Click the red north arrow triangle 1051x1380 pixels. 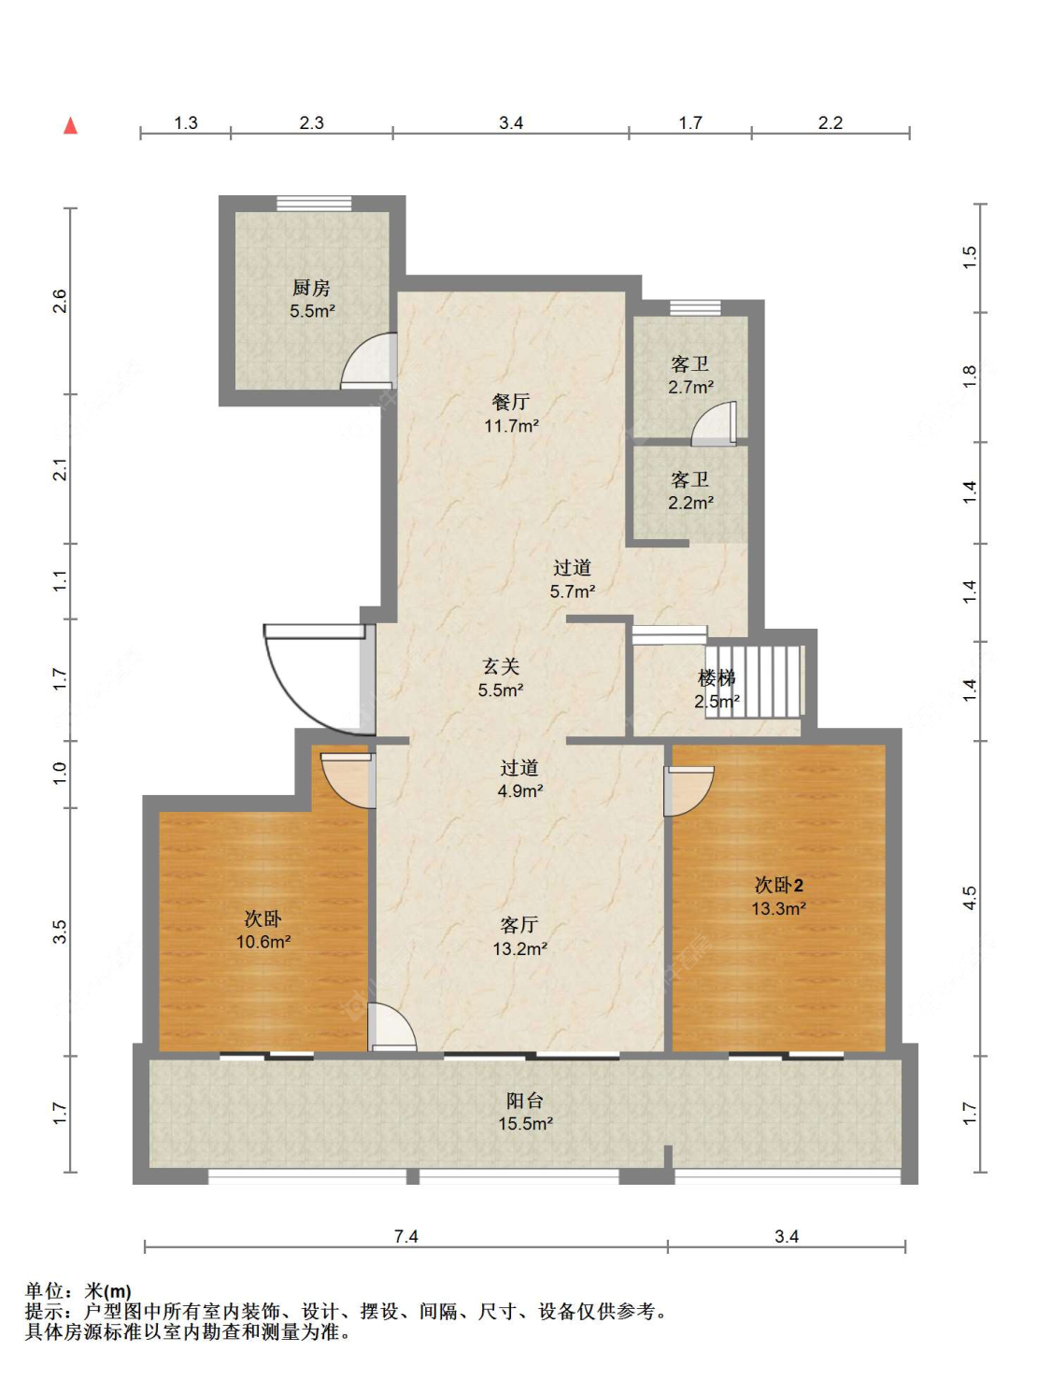[x=70, y=126]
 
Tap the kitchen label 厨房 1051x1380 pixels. [x=311, y=288]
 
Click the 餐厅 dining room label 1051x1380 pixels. [x=511, y=402]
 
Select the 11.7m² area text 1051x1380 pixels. [x=511, y=426]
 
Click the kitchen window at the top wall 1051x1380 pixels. [x=314, y=203]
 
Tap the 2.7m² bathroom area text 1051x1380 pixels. [x=690, y=387]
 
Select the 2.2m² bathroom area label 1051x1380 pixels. [x=690, y=503]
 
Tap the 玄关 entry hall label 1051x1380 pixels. [x=501, y=666]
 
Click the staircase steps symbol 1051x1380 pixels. [x=754, y=681]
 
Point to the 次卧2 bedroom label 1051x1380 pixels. [x=779, y=885]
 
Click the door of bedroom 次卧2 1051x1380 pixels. [x=689, y=790]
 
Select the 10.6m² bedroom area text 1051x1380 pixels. [x=263, y=942]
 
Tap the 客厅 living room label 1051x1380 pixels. [x=519, y=925]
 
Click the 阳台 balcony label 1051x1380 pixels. [x=525, y=1101]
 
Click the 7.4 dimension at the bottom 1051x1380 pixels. [x=406, y=1237]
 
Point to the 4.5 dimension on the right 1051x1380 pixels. [x=970, y=897]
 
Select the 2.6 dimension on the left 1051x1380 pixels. [x=59, y=301]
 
